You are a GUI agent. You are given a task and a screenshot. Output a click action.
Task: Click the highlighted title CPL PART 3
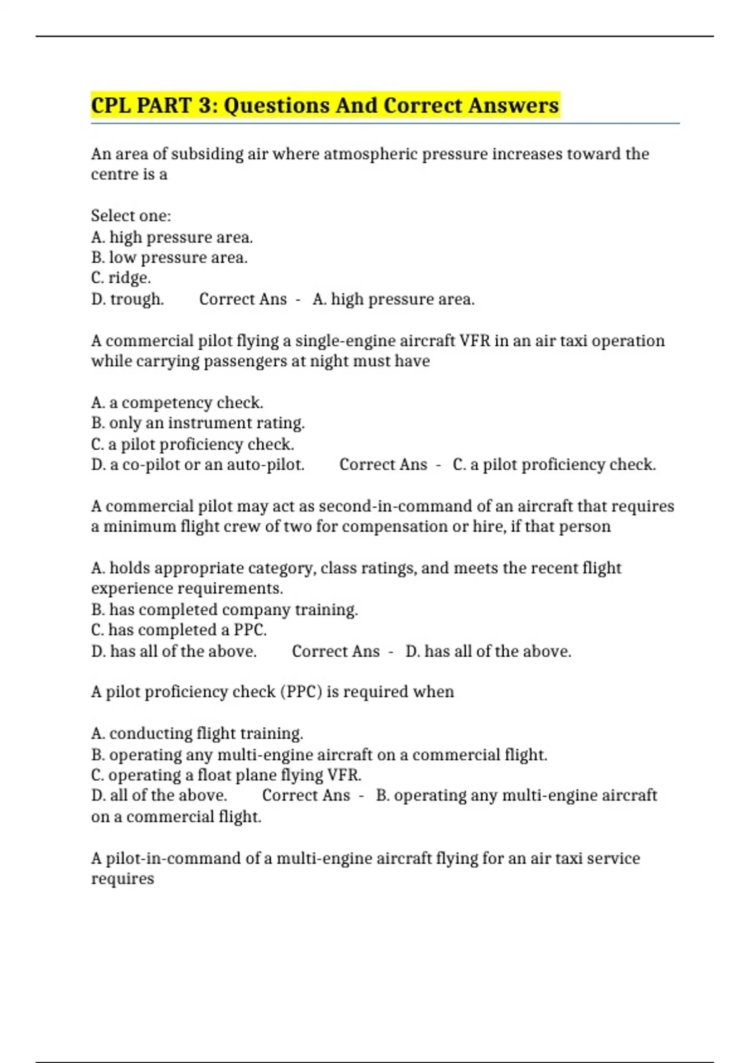[324, 105]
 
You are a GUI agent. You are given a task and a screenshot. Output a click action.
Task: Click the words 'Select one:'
[131, 216]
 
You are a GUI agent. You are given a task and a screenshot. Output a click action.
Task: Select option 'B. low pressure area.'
[169, 258]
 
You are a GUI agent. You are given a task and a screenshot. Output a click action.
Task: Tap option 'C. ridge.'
[121, 278]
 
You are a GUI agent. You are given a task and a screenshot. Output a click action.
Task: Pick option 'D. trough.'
[127, 300]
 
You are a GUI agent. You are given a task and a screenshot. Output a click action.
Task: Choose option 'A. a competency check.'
[177, 403]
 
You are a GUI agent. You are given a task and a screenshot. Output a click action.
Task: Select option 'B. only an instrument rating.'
[197, 423]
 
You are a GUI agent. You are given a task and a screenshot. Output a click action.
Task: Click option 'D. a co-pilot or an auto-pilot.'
[197, 465]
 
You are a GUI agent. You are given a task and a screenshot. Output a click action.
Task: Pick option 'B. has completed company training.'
[224, 610]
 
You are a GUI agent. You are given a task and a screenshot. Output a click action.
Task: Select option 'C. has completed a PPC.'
[179, 630]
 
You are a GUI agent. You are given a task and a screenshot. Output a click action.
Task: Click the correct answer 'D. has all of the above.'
[488, 652]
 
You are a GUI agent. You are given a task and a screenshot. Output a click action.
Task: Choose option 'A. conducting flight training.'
[197, 733]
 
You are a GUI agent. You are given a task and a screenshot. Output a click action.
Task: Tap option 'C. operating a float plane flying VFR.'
[226, 775]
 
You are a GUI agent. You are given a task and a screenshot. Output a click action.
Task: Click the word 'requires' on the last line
[122, 879]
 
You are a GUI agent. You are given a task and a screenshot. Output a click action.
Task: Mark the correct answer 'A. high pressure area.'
[394, 300]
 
